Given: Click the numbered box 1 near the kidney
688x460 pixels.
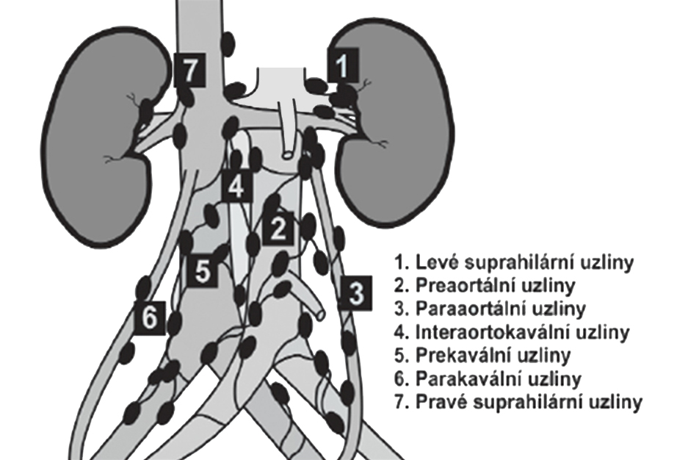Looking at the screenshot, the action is click(x=343, y=65).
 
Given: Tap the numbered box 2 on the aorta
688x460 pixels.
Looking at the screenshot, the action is click(x=278, y=229).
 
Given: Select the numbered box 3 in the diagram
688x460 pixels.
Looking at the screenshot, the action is click(x=356, y=293).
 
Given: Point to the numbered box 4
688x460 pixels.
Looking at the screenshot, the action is click(x=237, y=186).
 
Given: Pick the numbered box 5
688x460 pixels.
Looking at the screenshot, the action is click(x=203, y=272).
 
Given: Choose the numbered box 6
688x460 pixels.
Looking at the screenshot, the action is click(x=150, y=317).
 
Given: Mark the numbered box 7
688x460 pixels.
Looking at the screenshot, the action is click(x=189, y=71).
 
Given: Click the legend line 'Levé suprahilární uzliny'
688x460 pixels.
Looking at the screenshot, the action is click(x=514, y=263).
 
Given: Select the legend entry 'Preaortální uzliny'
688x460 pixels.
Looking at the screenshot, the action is click(x=485, y=286).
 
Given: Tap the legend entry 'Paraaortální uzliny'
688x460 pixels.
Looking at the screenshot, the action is click(x=490, y=309).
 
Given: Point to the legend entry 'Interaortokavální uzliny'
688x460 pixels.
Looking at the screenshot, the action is click(x=512, y=332).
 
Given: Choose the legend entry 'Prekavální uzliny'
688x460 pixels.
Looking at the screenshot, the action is click(x=482, y=355).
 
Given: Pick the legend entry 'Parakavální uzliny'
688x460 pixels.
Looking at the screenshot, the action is click(x=488, y=378).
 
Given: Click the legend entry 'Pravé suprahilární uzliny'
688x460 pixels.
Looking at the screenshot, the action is click(x=518, y=402).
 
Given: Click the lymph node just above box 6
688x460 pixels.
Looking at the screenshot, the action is click(x=143, y=288).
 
